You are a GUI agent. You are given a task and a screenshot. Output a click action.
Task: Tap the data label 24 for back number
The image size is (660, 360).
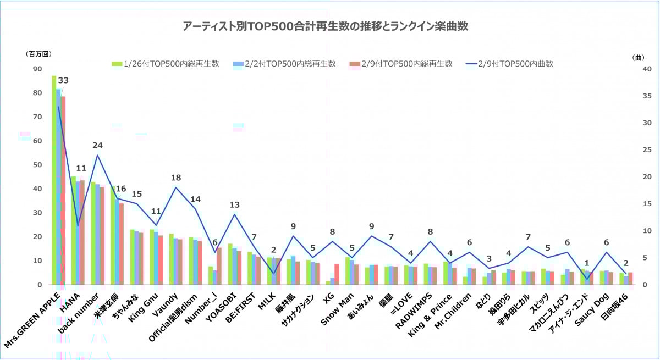tap(97, 145)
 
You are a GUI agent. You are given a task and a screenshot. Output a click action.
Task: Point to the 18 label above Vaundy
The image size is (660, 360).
tap(176, 178)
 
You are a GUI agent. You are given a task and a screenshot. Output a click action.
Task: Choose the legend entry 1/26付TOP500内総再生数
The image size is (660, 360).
tap(166, 63)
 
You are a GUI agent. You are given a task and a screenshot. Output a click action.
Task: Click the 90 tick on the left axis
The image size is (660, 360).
tap(37, 69)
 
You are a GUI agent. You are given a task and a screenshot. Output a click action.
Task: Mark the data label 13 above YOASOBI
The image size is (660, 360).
tap(235, 205)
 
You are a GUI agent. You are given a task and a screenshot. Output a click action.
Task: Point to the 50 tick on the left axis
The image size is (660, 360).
tap(37, 165)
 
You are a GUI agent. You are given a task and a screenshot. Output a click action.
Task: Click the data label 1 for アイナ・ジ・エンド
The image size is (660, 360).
tap(587, 263)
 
